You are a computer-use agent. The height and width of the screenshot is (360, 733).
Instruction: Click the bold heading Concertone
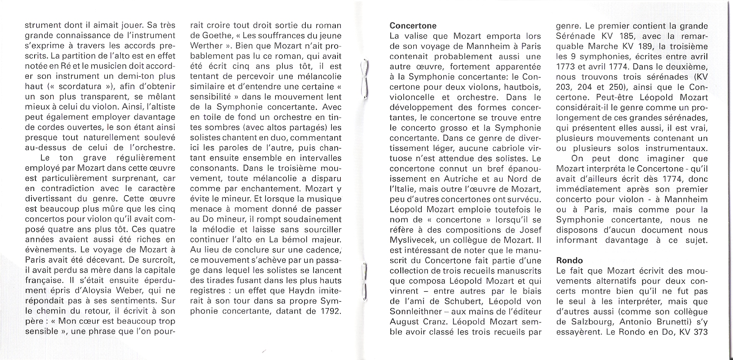point(413,26)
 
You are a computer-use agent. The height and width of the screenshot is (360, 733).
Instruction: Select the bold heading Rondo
point(569,260)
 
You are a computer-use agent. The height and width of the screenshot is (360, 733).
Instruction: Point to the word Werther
point(206,46)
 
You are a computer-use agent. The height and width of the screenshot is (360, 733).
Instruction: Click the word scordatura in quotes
point(80,86)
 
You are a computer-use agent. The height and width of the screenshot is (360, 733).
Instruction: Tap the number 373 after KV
point(700,332)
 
